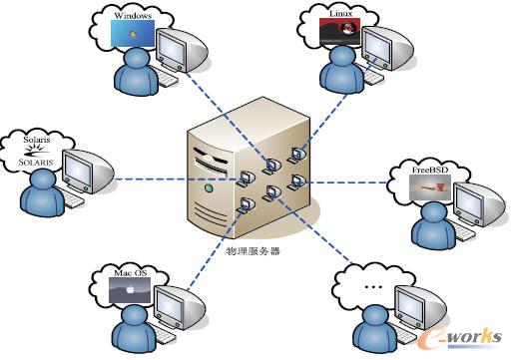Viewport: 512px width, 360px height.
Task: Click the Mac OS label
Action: (128, 272)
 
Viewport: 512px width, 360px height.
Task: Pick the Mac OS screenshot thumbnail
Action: (129, 290)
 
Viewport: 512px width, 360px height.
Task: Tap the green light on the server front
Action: (209, 188)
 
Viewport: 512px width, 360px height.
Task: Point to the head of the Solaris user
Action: (40, 180)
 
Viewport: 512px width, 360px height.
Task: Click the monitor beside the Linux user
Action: (380, 45)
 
